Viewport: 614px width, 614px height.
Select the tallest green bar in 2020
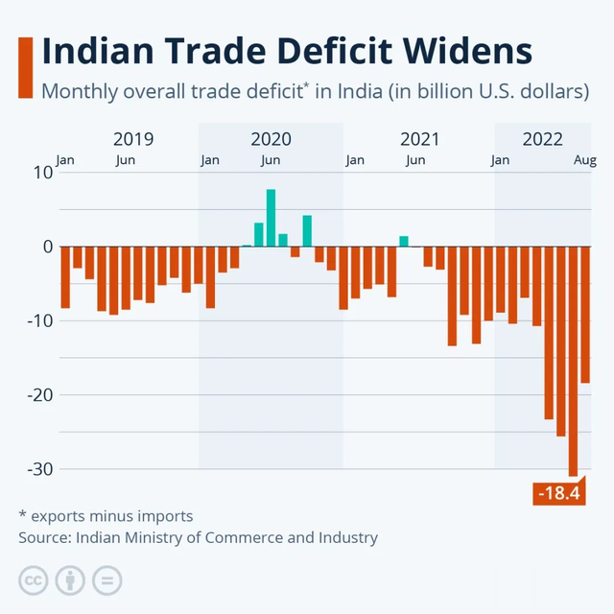pos(272,218)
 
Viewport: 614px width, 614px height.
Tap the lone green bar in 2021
pos(404,242)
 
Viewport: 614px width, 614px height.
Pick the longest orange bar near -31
pos(573,361)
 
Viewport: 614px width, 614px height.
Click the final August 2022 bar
pos(585,315)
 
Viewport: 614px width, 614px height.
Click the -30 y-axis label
pos(34,469)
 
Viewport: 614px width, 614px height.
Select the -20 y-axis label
pos(34,395)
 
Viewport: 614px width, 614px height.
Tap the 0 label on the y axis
pos(44,247)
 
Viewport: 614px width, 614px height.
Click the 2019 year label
pos(132,139)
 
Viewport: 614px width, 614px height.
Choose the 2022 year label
pos(543,139)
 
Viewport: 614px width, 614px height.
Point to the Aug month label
pos(585,160)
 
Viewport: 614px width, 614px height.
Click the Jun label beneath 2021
pos(415,160)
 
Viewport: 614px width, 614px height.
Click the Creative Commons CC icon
pos(33,580)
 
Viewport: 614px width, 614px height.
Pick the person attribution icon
pos(70,580)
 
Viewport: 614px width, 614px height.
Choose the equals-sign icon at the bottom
pos(107,580)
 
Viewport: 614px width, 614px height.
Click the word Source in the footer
pos(43,537)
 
